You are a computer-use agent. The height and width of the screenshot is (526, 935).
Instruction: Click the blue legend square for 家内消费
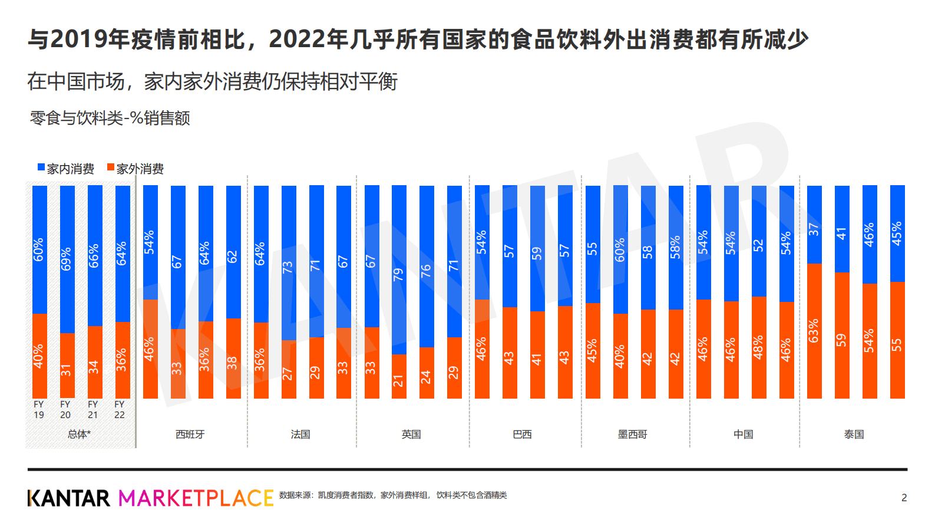[41, 167]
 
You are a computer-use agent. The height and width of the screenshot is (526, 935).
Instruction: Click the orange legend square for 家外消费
[110, 167]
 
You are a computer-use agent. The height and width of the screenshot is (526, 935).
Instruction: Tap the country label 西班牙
[190, 435]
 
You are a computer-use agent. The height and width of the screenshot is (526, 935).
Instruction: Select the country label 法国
[300, 435]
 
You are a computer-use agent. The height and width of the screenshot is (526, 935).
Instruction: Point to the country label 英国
[411, 435]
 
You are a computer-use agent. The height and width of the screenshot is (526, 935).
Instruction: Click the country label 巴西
[522, 435]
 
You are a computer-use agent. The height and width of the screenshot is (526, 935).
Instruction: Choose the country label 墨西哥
[632, 435]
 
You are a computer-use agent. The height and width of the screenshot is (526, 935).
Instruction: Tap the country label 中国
[743, 435]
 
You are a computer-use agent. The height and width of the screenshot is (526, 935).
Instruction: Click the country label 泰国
[854, 435]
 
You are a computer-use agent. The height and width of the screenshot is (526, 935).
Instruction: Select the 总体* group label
[79, 435]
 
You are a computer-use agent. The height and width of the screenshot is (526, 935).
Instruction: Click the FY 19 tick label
[39, 409]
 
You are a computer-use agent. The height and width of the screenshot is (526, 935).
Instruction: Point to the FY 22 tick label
[120, 409]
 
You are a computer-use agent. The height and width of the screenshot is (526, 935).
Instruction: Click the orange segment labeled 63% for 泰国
[814, 331]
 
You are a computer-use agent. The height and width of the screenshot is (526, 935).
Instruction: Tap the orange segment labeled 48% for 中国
[759, 347]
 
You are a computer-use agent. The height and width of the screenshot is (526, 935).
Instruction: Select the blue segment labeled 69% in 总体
[67, 259]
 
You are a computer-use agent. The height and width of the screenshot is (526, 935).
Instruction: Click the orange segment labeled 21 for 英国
[399, 376]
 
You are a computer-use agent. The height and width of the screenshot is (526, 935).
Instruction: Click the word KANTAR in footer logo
[68, 498]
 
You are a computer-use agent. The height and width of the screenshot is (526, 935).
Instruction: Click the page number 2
[904, 498]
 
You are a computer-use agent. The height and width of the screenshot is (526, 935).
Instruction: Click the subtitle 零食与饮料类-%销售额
[110, 118]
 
